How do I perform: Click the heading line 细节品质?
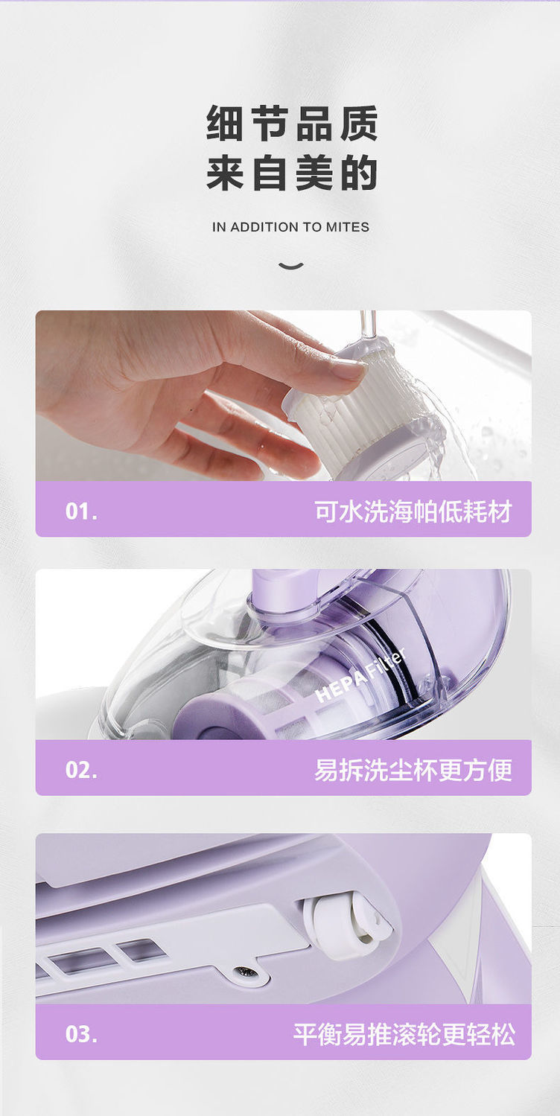tap(292, 124)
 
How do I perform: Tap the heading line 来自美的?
tap(292, 173)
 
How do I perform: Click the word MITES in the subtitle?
tap(347, 228)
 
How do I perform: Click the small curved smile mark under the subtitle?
tap(290, 266)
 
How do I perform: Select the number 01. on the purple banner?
tap(81, 511)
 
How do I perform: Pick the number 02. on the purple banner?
tap(81, 770)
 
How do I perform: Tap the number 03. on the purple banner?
tap(81, 1034)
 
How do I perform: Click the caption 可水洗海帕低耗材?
tap(413, 511)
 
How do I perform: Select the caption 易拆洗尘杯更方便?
tap(413, 770)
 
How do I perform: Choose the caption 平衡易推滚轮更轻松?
tap(404, 1034)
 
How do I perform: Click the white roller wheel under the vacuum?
tap(346, 925)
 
